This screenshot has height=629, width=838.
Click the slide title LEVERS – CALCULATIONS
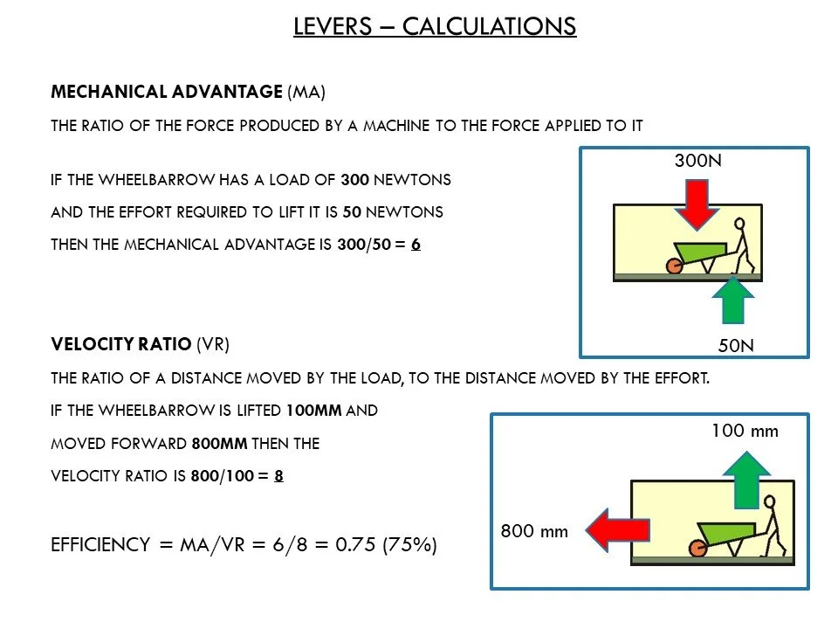434,26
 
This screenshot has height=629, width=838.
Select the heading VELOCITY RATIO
120,344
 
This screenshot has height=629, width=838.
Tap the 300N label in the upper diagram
697,162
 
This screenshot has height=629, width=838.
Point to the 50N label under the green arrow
736,345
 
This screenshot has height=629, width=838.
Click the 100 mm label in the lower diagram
744,431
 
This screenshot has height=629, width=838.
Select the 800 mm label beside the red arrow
533,530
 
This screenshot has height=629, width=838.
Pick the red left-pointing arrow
617,530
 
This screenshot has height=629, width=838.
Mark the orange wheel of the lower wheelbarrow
697,548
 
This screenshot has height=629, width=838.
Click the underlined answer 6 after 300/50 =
416,245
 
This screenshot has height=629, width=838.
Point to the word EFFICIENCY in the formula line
100,545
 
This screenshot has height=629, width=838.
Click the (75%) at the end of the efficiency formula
409,545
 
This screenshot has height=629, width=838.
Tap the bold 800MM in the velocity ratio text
219,444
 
